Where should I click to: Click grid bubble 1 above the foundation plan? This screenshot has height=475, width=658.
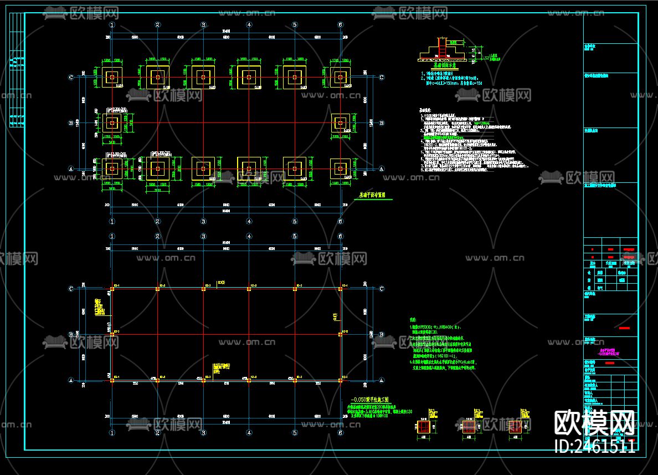tap(112, 25)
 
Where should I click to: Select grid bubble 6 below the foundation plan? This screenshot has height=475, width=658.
tap(340, 222)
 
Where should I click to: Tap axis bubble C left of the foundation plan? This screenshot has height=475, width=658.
tap(71, 78)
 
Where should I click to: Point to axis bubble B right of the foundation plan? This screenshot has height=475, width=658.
tap(381, 123)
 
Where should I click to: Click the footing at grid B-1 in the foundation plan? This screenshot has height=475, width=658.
tap(112, 123)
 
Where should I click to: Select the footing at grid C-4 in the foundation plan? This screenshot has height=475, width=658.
tap(249, 77)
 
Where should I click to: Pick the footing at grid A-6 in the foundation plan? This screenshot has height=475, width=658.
tap(340, 168)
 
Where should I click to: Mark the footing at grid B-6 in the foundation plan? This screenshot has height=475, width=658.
tap(340, 123)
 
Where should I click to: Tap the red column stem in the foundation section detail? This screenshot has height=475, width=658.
tap(442, 47)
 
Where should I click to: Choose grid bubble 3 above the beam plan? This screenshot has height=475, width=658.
tap(203, 237)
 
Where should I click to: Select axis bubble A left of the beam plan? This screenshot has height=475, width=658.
tap(71, 380)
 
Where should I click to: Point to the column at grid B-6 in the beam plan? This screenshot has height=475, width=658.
tap(340, 334)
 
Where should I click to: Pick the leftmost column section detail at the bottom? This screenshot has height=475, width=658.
tap(424, 426)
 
